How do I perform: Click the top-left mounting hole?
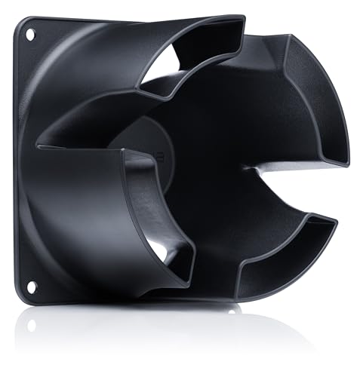pos(31,34)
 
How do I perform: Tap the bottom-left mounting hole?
pos(31,286)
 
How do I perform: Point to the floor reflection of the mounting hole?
pos(30,325)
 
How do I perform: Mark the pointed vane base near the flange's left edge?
pos(38,143)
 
